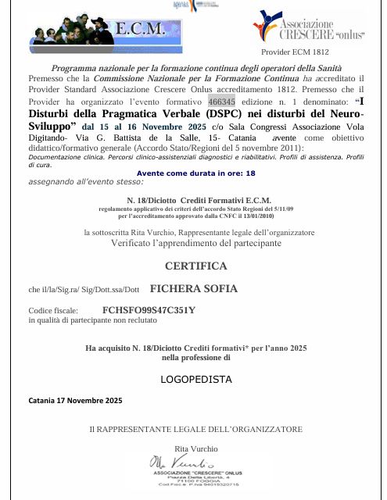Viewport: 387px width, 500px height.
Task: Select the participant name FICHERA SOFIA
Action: [193, 289]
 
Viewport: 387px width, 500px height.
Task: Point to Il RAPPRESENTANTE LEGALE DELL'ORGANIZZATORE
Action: [195, 429]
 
